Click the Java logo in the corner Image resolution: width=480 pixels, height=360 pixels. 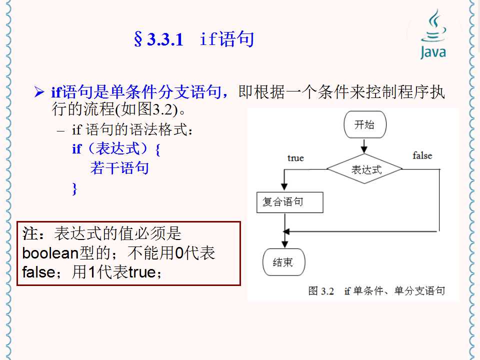[432, 35]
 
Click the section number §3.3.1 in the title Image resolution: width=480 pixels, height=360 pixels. [158, 39]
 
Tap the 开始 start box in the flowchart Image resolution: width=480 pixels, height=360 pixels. [364, 125]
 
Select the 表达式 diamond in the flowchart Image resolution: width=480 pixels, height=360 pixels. [365, 169]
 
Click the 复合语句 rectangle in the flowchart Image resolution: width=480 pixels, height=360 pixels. [289, 202]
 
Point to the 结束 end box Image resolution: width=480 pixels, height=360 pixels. [283, 262]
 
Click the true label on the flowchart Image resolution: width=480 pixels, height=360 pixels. [295, 158]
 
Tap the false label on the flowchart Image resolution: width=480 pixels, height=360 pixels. [422, 156]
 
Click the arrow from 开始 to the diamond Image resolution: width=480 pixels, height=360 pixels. [364, 146]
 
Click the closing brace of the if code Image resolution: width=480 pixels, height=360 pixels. [75, 188]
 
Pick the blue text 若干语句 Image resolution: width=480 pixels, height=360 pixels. [119, 168]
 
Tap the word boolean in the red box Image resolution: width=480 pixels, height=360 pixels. [48, 253]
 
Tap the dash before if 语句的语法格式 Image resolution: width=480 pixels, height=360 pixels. [61, 131]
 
